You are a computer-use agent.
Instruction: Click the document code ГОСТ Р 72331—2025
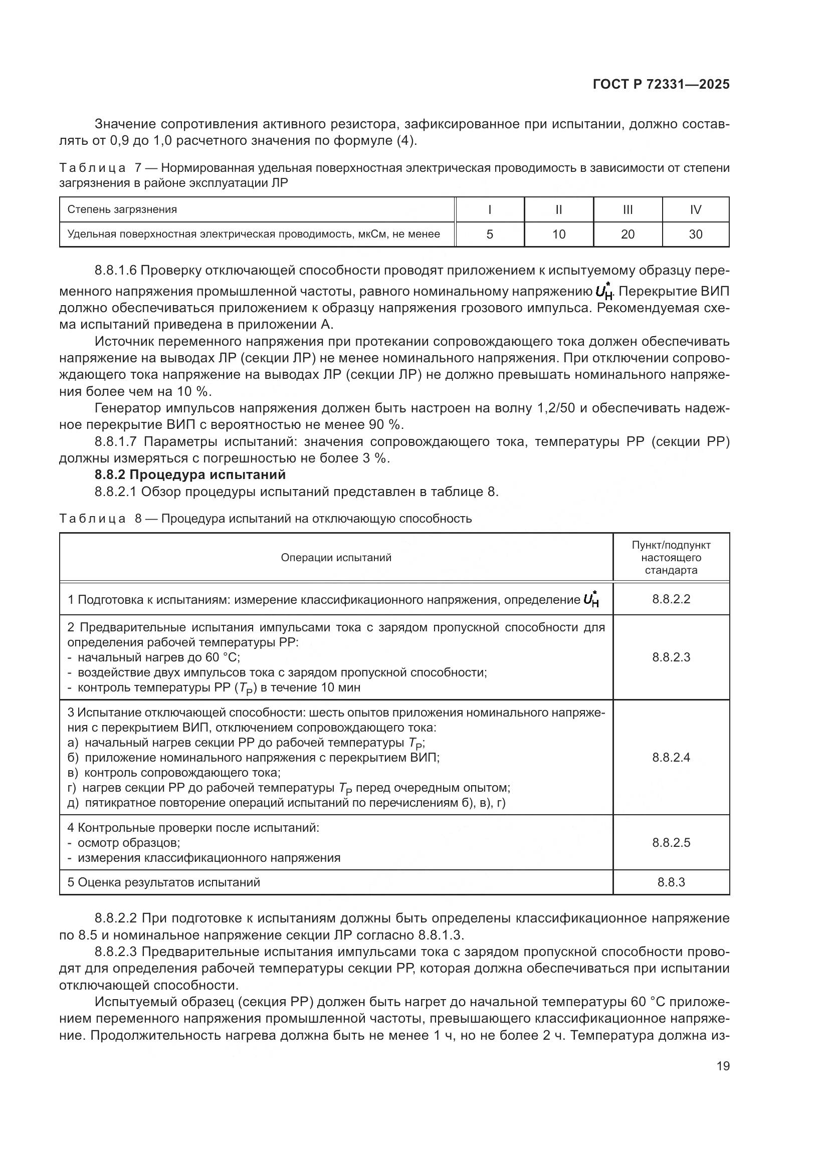pos(661,85)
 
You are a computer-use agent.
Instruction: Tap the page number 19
pos(723,1066)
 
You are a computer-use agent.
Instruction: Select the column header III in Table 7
pos(628,210)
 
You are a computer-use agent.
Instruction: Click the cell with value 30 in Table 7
pos(695,235)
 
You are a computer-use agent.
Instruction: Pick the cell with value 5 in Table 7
pos(490,235)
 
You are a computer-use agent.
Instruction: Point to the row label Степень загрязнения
pos(122,209)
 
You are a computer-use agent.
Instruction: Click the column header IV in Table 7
pos(695,210)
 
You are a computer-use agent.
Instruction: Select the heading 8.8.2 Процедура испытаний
pos(190,475)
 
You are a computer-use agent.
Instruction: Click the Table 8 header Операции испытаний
pos(336,557)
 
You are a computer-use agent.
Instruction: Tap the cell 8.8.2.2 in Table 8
pos(671,599)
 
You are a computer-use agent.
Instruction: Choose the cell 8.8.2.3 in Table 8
pos(671,657)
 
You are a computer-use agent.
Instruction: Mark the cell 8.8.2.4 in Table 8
pos(671,757)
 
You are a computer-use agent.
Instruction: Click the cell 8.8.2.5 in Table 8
pos(671,842)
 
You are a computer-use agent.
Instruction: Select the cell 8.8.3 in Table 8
pos(671,882)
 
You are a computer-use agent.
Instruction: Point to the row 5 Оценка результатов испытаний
pos(164,882)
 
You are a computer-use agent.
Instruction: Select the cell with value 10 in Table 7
pos(558,235)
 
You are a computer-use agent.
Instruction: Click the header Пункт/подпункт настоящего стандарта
pos(671,557)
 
